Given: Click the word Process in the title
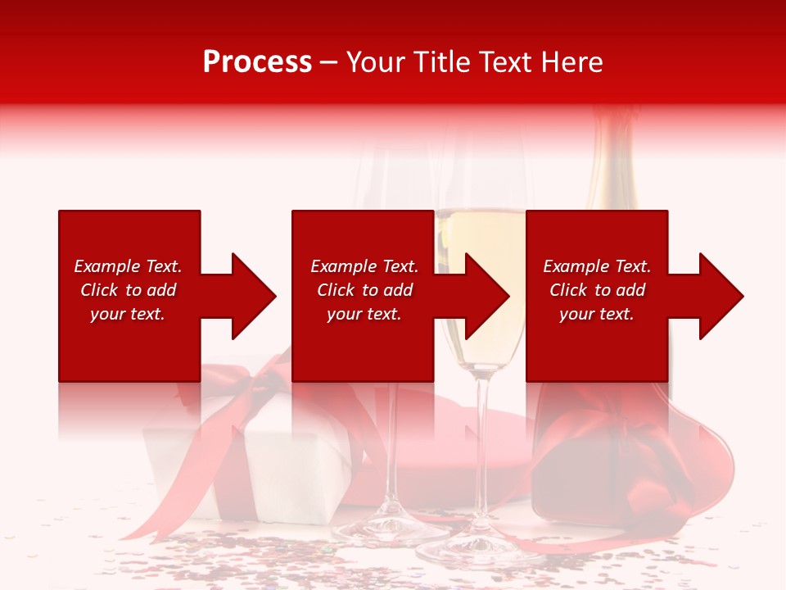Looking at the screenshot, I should [x=257, y=62].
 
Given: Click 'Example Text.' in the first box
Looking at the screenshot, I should [x=128, y=266].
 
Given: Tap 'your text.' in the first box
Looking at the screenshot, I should [x=128, y=314].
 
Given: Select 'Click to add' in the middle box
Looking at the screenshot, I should [x=364, y=290].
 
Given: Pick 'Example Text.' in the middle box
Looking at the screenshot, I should [x=364, y=266].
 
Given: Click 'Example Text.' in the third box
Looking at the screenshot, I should [x=597, y=266].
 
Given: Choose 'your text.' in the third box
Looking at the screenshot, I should [x=597, y=314].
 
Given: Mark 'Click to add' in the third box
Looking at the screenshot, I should [x=597, y=290].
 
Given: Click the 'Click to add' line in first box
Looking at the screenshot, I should [x=128, y=290].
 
